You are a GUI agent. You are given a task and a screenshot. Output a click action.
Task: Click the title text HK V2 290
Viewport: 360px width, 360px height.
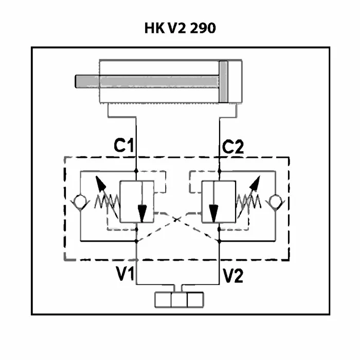point(180,28)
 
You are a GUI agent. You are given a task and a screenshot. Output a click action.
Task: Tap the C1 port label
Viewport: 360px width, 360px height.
point(123,146)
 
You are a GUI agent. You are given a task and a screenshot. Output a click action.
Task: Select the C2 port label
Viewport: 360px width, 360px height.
point(233,147)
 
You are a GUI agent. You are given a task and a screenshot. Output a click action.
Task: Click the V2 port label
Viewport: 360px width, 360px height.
point(233,275)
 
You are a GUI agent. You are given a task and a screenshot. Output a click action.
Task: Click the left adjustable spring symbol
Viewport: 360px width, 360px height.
point(107,202)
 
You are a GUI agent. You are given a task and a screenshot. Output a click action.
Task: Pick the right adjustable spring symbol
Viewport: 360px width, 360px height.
point(248,202)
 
